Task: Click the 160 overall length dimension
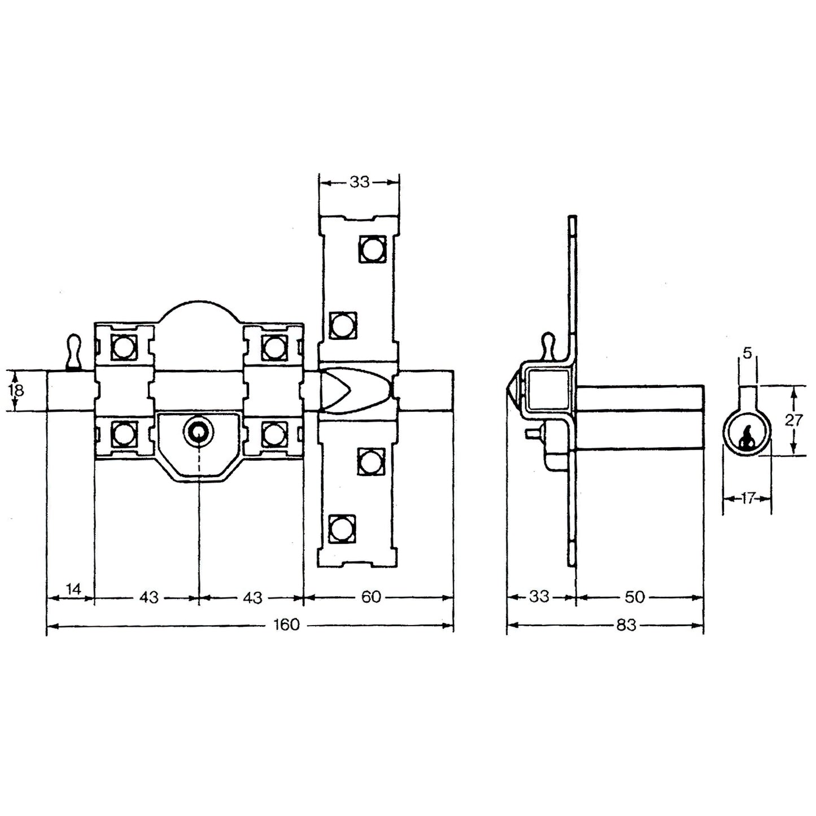coord(286,625)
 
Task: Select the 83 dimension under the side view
coord(626,625)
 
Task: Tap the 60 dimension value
coord(371,597)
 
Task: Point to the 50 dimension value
coord(634,597)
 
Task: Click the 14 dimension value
coord(73,590)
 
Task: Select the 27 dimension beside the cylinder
coord(793,420)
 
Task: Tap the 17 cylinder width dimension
coord(747,498)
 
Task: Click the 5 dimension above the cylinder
coord(747,354)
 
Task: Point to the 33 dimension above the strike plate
coord(359,182)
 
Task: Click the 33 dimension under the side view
coord(539,597)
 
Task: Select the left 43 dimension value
coord(149,597)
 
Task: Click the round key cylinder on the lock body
coord(198,432)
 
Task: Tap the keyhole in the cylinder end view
coord(747,439)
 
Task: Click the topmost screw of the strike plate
coord(371,248)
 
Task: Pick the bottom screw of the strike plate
coord(341,529)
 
